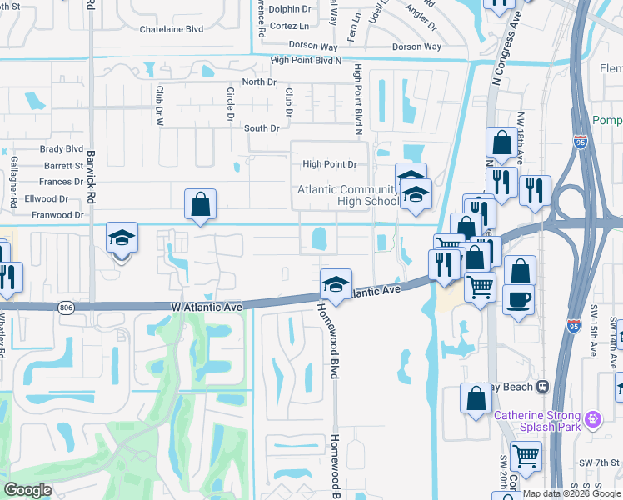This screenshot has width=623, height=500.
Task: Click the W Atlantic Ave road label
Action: [x=207, y=307]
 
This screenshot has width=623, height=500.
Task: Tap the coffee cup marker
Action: [x=518, y=299]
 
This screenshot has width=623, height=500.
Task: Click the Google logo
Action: [x=27, y=489]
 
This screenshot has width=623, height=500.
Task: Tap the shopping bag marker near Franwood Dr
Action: [x=201, y=203]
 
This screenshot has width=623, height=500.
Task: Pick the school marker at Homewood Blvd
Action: [x=336, y=284]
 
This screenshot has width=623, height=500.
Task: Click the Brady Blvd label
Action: [x=62, y=149]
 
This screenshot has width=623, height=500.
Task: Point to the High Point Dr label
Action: [x=329, y=165]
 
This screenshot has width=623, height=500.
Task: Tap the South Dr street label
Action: [x=262, y=128]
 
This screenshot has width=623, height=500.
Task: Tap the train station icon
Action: [x=543, y=387]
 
